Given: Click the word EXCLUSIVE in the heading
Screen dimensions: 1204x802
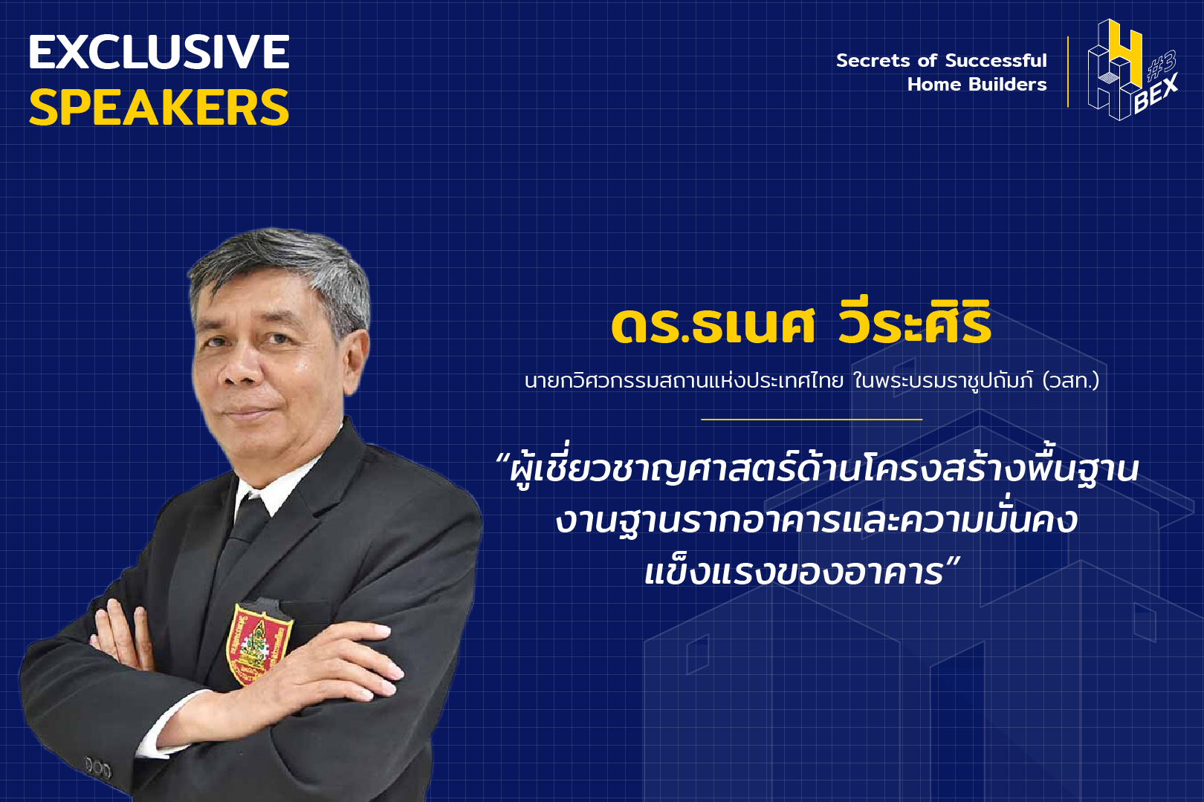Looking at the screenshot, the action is (159, 52).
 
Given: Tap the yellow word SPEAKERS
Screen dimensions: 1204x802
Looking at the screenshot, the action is (159, 108).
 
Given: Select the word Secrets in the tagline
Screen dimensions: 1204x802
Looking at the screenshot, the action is (873, 61).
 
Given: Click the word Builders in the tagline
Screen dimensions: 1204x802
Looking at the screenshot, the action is (1007, 85).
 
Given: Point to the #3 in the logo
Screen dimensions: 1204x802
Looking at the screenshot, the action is (1162, 65).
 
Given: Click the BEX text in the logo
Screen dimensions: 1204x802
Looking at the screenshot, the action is (1156, 94).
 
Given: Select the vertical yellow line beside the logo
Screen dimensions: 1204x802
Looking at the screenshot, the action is (1068, 72).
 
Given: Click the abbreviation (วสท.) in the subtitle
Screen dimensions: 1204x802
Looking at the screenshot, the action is (1071, 381).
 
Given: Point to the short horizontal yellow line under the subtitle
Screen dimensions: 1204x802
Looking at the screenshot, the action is (812, 419).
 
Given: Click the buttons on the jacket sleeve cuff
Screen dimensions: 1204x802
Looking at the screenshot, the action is (98, 768).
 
